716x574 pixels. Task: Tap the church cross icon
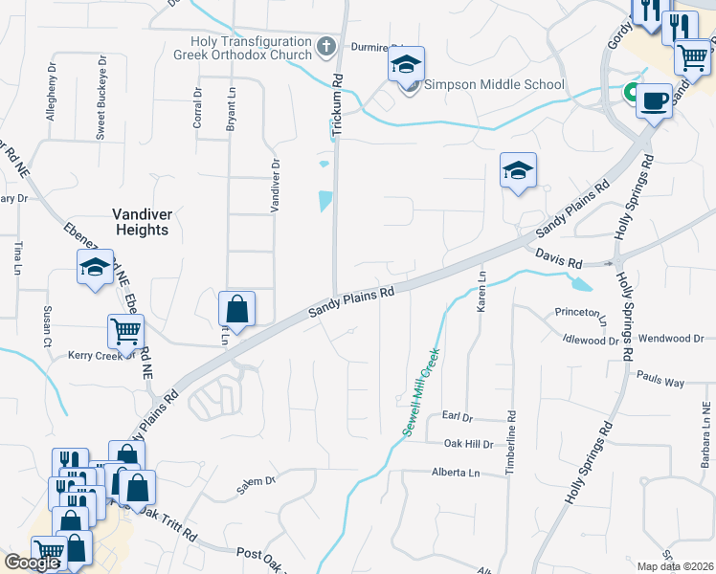(x=325, y=45)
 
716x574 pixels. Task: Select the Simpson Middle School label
(x=494, y=84)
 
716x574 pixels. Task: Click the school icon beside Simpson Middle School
(x=406, y=66)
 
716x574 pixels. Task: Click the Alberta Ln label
(x=455, y=473)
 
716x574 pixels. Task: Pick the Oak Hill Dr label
(x=468, y=445)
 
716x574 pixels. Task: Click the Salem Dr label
(x=256, y=486)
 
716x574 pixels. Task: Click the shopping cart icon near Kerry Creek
(x=125, y=332)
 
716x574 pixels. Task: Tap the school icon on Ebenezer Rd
(x=95, y=267)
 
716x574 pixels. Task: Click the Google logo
(x=32, y=563)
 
